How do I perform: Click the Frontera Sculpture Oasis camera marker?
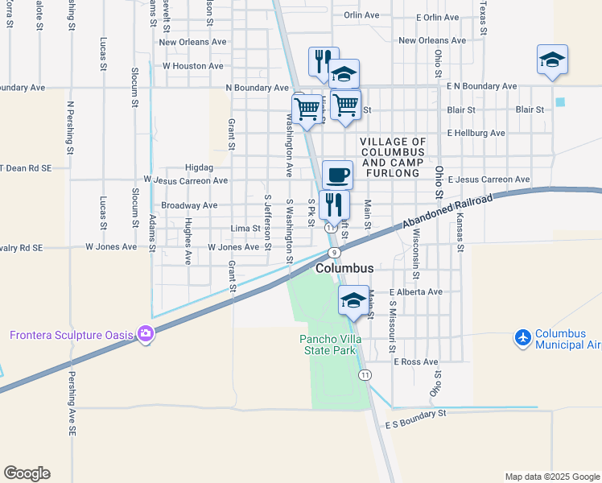(x=146, y=333)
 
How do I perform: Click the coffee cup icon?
(x=337, y=174)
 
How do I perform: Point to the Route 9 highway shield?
(x=334, y=253)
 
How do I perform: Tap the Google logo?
(x=27, y=473)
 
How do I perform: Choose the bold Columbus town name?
(x=344, y=268)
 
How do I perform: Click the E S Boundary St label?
(x=415, y=419)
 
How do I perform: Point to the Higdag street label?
(x=197, y=168)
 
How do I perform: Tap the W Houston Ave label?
(x=193, y=66)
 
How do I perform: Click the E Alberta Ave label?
(x=415, y=292)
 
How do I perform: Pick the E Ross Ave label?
(x=415, y=362)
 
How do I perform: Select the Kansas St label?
(x=460, y=233)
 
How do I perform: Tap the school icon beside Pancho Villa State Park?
(x=353, y=300)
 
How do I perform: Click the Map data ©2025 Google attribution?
(x=553, y=477)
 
